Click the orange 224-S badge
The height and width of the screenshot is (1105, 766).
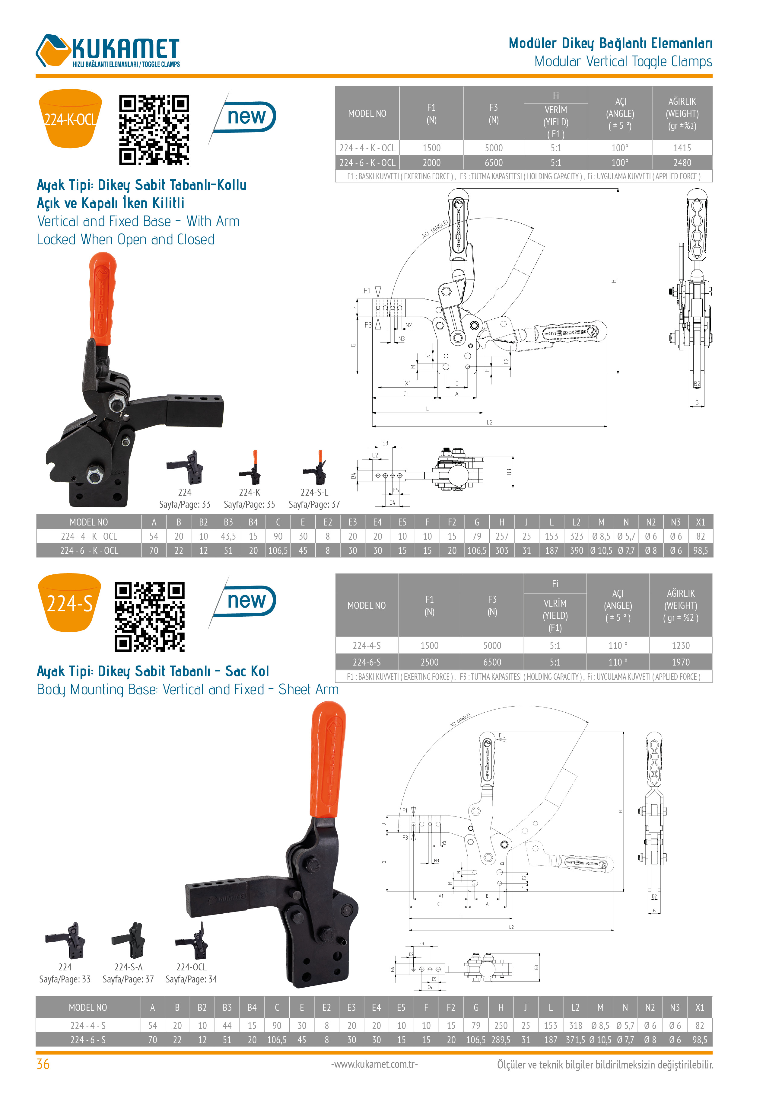tap(70, 603)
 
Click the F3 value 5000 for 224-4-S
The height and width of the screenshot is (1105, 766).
tap(492, 646)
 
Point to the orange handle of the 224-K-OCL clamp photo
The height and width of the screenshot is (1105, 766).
tap(102, 298)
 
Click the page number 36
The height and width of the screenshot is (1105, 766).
tap(43, 1064)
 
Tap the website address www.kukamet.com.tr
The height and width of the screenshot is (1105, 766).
tap(374, 1064)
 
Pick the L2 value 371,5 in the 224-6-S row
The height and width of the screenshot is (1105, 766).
tap(575, 1040)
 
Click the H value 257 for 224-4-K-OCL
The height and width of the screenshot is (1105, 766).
tap(501, 536)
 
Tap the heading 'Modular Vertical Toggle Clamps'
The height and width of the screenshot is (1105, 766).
tap(623, 62)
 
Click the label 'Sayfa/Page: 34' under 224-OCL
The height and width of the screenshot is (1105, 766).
tap(191, 979)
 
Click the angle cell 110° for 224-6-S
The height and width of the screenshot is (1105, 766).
tap(618, 662)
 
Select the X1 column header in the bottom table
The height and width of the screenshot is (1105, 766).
tap(699, 1008)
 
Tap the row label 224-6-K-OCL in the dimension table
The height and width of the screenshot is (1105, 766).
tap(89, 551)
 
